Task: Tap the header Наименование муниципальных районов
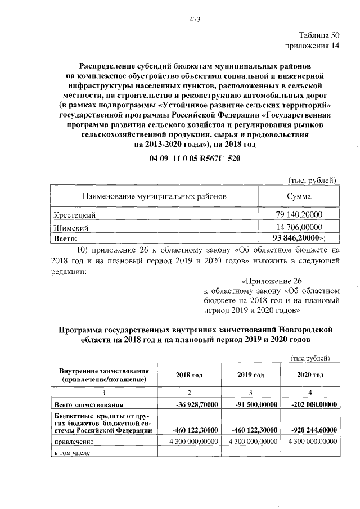click(x=155, y=197)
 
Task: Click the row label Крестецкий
click(x=74, y=215)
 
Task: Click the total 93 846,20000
click(x=297, y=239)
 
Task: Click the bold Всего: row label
click(x=65, y=239)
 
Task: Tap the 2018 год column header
click(x=189, y=375)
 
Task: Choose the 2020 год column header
click(x=310, y=375)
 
